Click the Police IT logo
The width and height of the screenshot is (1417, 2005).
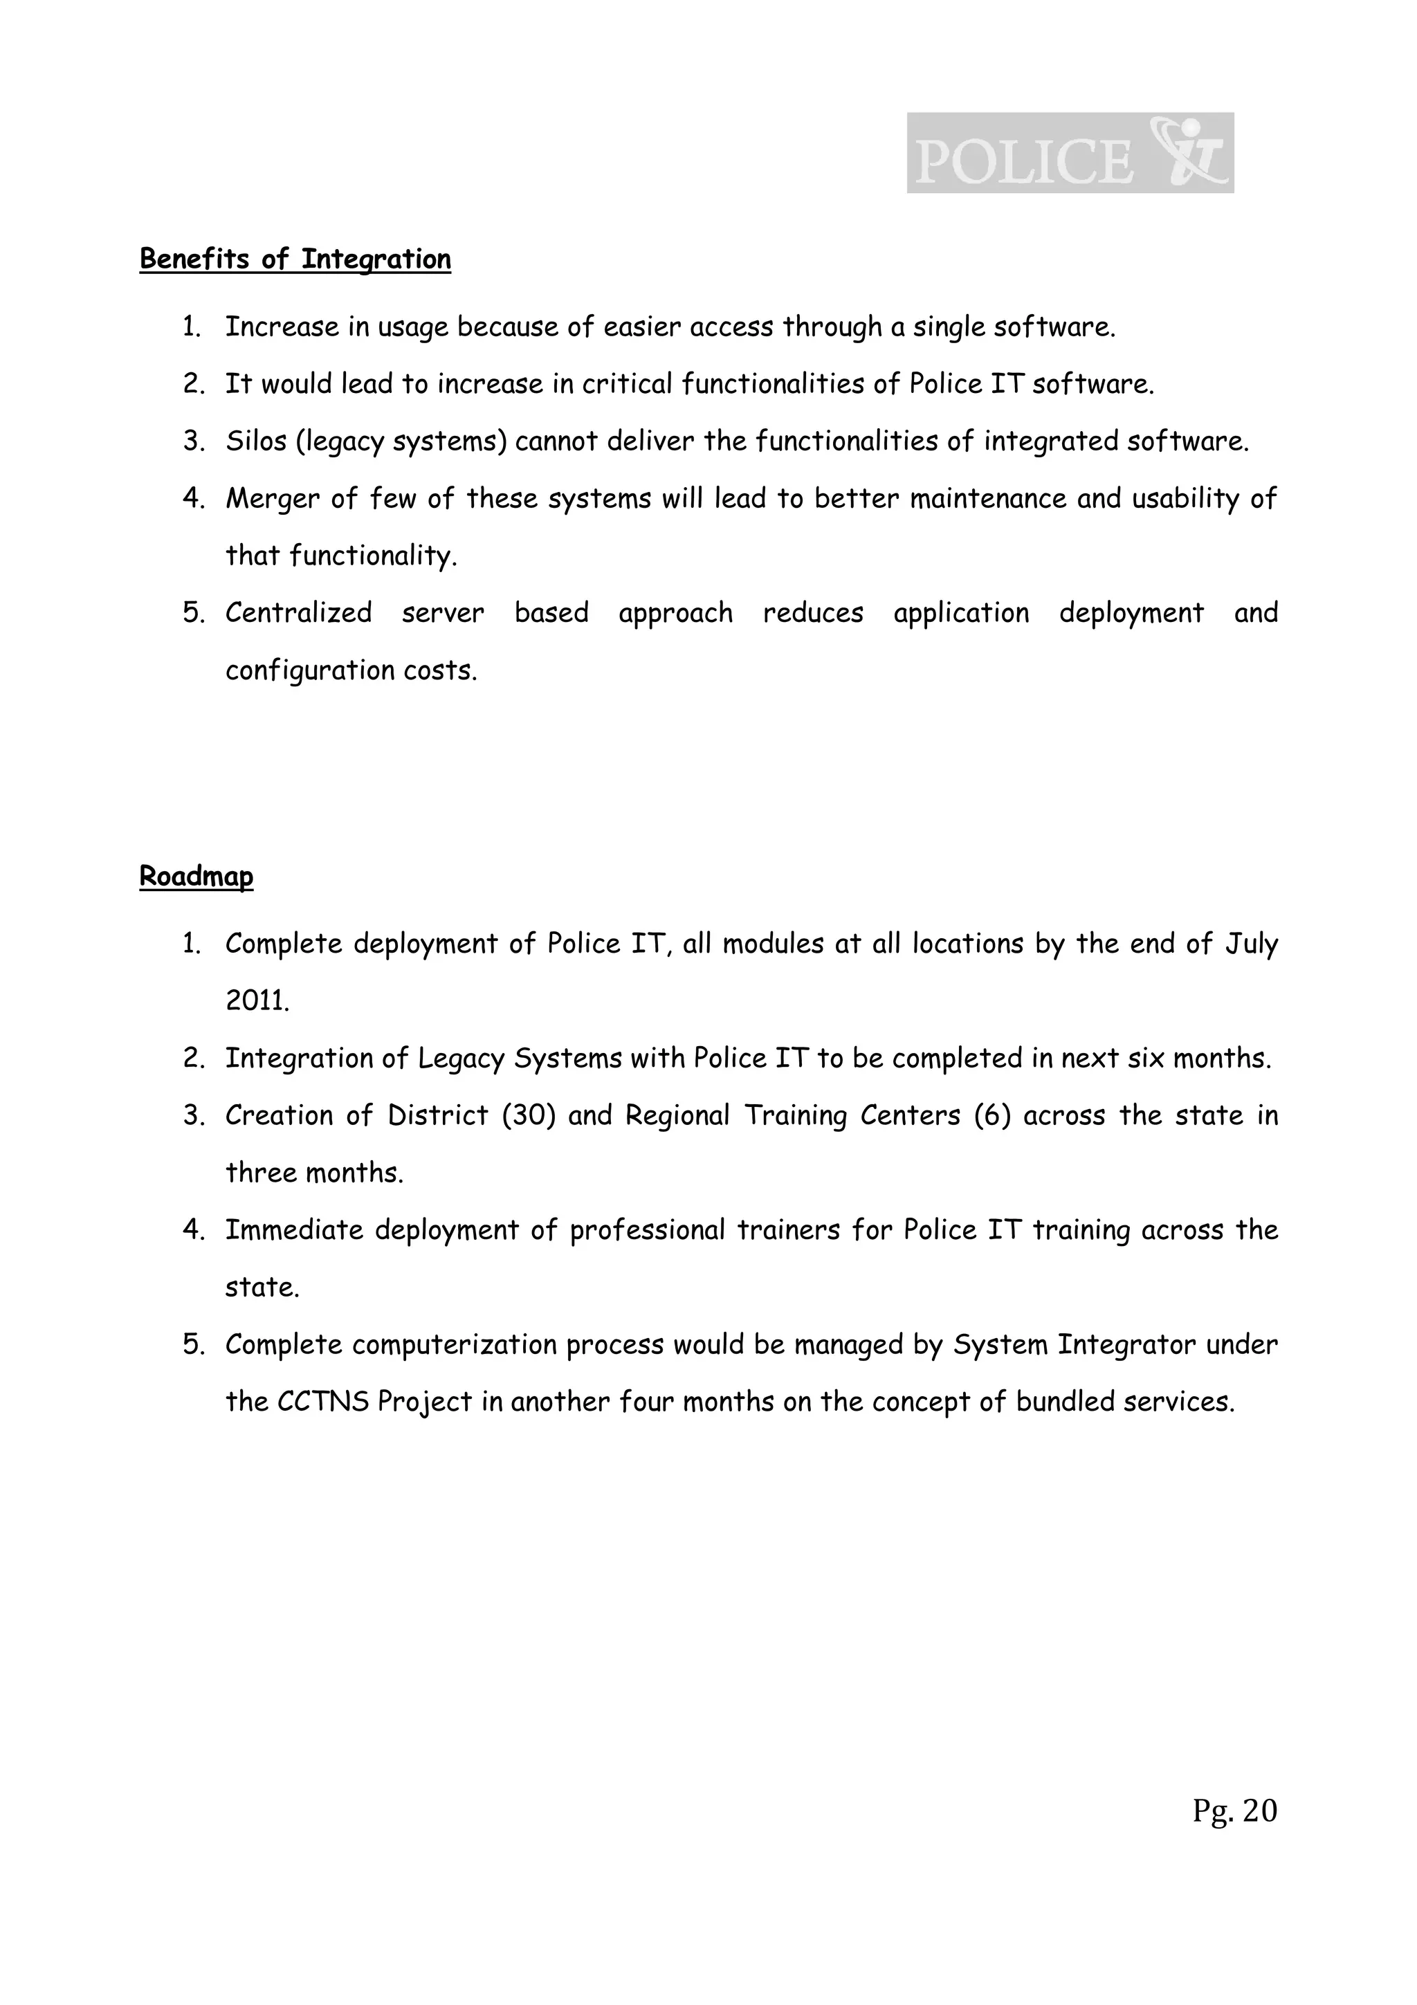(x=1070, y=153)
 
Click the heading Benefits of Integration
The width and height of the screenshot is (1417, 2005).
(x=295, y=259)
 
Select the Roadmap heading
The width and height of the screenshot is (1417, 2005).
(x=196, y=876)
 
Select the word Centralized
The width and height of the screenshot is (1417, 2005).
(x=299, y=613)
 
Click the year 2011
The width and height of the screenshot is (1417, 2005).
(x=256, y=1000)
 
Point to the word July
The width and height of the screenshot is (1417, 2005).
(x=1251, y=944)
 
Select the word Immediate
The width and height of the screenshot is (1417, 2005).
(x=294, y=1230)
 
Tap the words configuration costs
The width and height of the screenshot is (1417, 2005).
(x=351, y=670)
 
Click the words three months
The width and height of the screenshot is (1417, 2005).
(x=314, y=1173)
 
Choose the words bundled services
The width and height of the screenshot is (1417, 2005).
(x=1126, y=1402)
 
